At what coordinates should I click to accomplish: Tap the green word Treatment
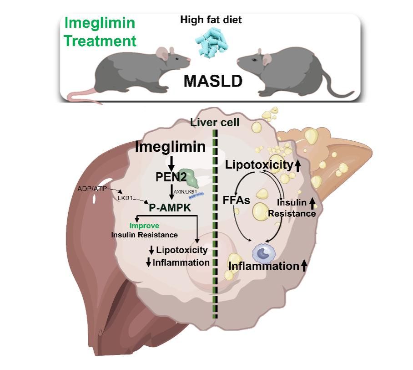coord(100,41)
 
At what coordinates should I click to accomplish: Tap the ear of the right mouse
coord(267,58)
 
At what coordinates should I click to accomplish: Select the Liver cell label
coord(215,122)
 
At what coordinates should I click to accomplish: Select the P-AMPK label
coord(171,208)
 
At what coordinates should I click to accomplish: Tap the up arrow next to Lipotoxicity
coord(297,166)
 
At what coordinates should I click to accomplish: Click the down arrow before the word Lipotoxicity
coord(151,250)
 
